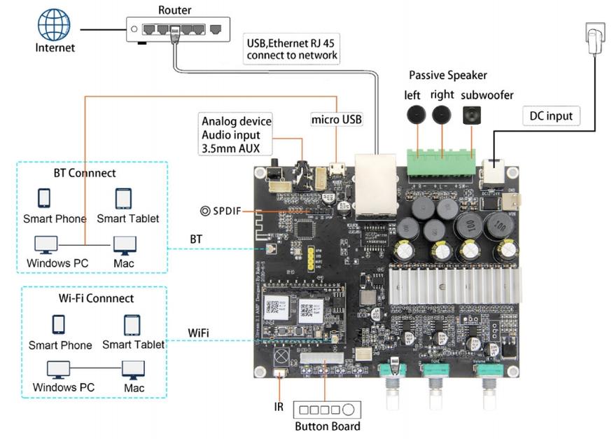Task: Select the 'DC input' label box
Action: coord(550,116)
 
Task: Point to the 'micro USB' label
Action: coord(337,120)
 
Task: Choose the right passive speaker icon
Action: coord(442,115)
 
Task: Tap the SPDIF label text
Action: coord(225,211)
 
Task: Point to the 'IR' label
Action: coord(279,406)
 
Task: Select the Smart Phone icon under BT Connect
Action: coord(45,198)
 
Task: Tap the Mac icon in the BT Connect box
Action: coord(125,244)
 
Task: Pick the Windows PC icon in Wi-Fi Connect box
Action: coord(58,369)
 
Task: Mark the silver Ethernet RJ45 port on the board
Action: coord(375,183)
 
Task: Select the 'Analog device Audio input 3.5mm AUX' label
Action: coord(235,134)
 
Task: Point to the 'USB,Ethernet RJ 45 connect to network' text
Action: coord(292,49)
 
